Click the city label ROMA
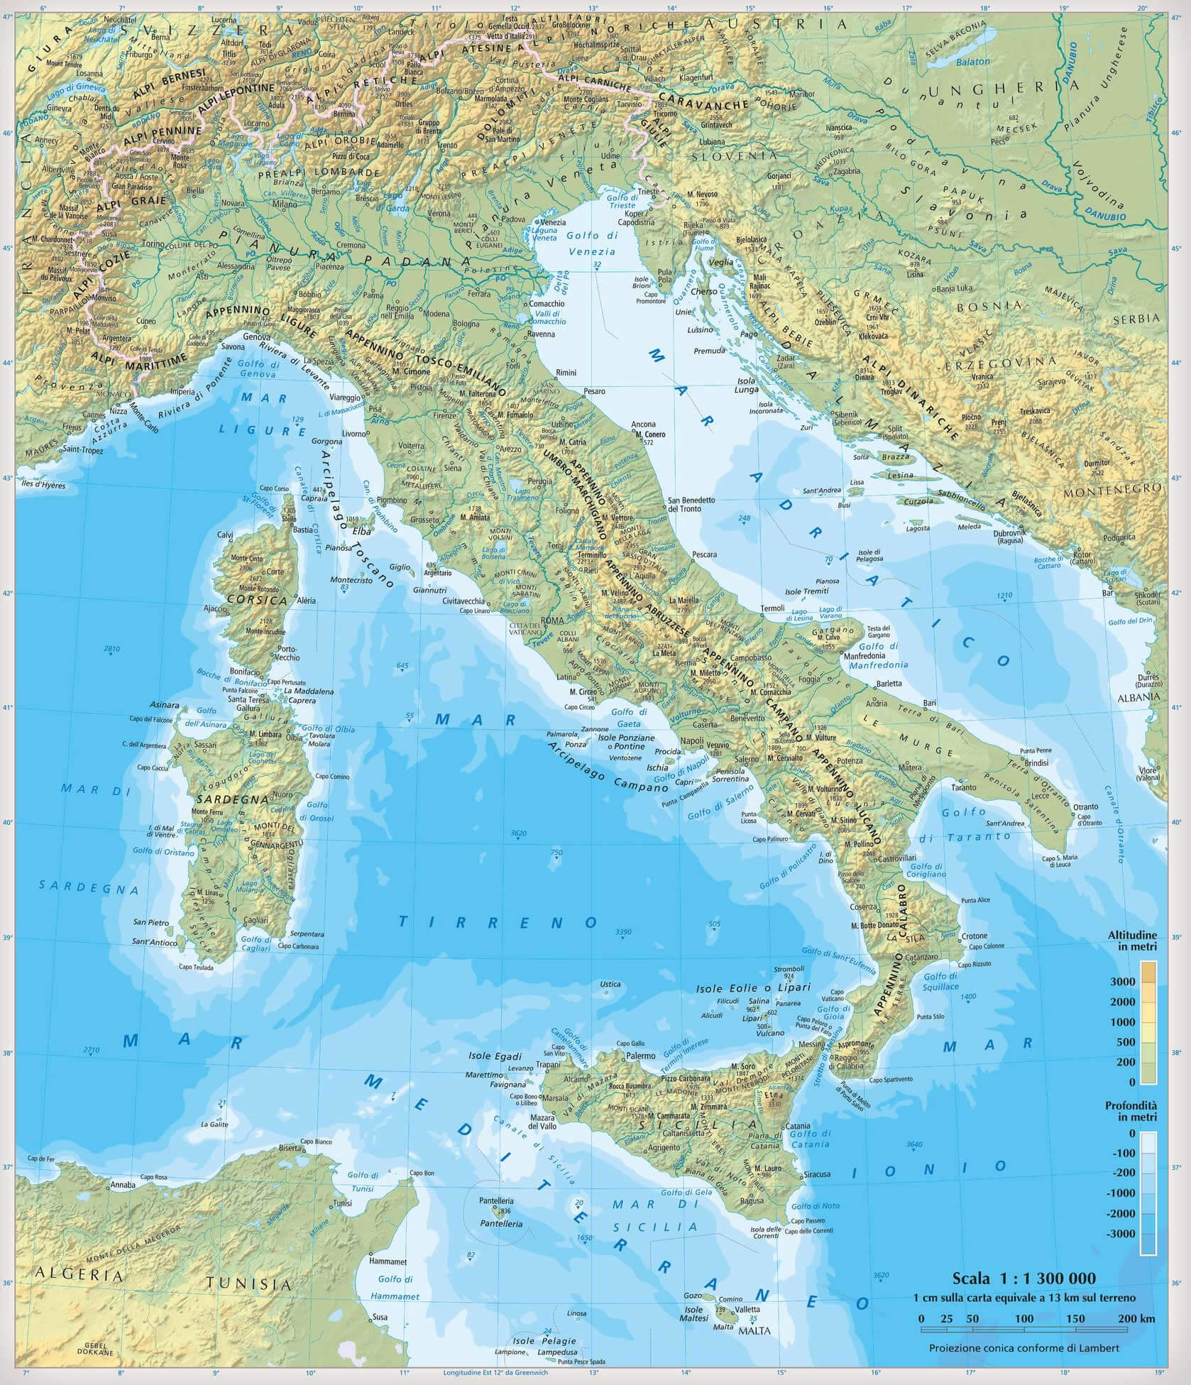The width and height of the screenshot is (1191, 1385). [552, 620]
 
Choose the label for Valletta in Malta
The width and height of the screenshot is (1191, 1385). [748, 1309]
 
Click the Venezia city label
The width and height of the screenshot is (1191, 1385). [553, 222]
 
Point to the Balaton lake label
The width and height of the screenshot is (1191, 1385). [972, 62]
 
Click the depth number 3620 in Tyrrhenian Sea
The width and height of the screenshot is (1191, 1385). [518, 833]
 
